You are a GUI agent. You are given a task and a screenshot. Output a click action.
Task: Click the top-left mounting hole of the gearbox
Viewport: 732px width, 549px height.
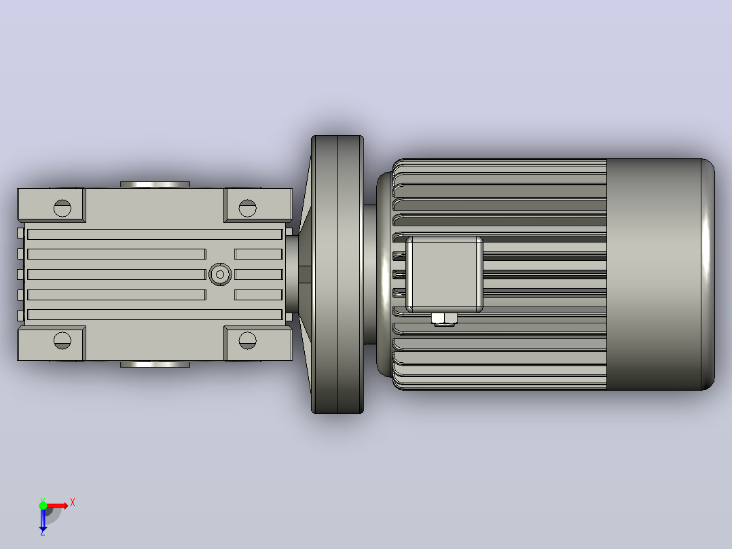(62, 208)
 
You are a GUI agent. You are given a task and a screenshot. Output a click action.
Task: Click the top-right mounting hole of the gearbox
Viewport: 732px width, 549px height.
(247, 208)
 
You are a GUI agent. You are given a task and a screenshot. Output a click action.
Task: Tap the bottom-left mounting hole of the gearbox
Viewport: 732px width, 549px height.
(62, 340)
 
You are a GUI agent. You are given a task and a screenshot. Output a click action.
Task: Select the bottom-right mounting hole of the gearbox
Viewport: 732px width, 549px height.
(247, 340)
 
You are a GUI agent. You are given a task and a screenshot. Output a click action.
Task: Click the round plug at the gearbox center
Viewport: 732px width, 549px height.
(220, 274)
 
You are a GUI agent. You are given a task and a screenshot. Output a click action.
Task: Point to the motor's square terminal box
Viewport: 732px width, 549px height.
(444, 274)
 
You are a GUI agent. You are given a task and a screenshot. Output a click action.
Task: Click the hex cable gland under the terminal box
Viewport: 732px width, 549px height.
(444, 319)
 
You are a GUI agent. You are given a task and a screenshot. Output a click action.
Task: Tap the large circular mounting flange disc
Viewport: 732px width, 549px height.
(337, 274)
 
